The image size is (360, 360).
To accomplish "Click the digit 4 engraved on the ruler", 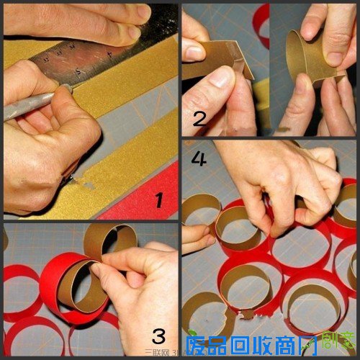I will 109,54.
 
